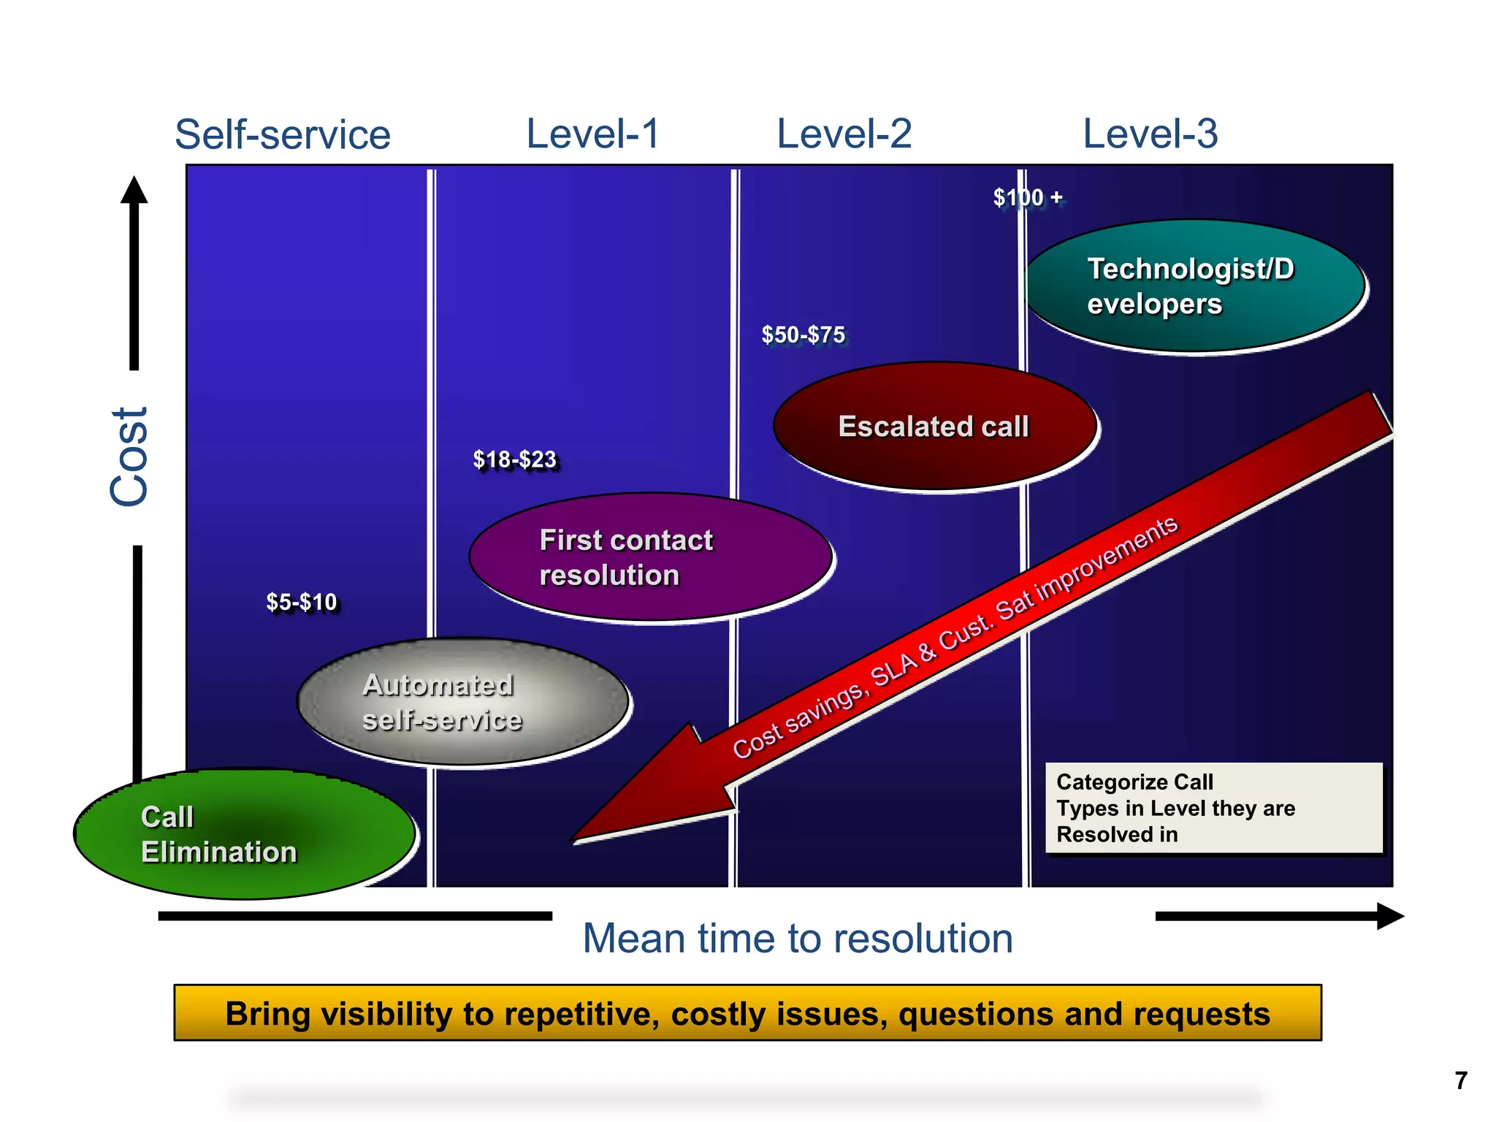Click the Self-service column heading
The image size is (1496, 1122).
tap(283, 135)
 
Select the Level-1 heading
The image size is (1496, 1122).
tap(592, 134)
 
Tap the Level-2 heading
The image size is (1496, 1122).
tap(844, 134)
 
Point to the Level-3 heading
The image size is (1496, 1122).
tap(1150, 134)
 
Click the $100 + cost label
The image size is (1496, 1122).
tap(1027, 197)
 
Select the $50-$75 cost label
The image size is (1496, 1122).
tap(803, 335)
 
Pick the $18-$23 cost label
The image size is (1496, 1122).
tap(514, 459)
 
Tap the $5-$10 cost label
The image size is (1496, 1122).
tap(301, 602)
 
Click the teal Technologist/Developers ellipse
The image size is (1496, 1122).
tap(1195, 286)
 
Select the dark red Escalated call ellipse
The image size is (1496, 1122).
tap(934, 426)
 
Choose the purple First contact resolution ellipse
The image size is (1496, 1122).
tap(650, 557)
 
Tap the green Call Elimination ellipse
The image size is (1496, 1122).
tap(245, 833)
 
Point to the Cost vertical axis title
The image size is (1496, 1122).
tap(130, 457)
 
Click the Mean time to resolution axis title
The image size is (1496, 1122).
tap(797, 938)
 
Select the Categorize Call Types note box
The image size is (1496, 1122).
tap(1213, 808)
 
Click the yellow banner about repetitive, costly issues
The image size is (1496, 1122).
tap(747, 1013)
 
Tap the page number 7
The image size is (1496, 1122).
tap(1460, 1080)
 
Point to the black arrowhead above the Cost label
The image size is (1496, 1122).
tap(134, 191)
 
